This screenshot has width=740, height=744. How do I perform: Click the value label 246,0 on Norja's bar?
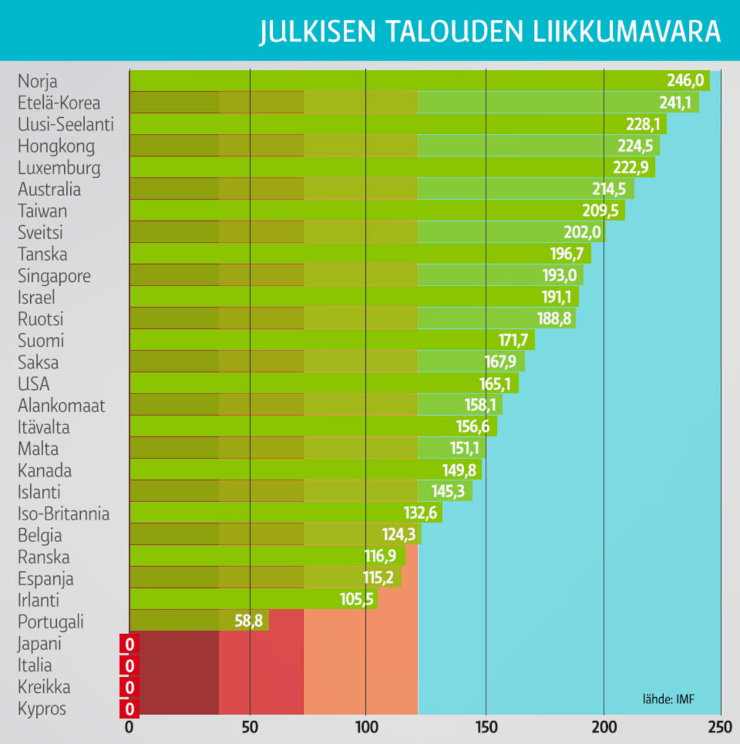[x=684, y=81]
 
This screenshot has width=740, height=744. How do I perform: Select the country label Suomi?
[x=41, y=341]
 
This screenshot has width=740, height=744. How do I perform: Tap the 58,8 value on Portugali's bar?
[x=248, y=621]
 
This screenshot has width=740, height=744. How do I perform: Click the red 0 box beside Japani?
[x=130, y=645]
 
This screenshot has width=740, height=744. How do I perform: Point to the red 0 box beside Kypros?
[x=130, y=709]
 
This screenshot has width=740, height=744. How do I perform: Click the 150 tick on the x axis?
[x=486, y=727]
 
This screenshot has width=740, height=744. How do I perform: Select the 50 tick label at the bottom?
[x=250, y=727]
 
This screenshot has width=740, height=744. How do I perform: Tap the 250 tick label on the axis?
[x=720, y=727]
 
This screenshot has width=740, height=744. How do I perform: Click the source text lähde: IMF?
[x=668, y=699]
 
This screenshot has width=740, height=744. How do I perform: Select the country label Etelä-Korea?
[x=59, y=103]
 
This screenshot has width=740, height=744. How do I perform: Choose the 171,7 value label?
[x=513, y=340]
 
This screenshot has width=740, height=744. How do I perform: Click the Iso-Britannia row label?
[x=64, y=514]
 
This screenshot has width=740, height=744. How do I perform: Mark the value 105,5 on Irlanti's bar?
[x=356, y=599]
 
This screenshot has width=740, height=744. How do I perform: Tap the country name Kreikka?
[x=44, y=687]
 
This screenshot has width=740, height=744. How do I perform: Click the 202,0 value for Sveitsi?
[x=581, y=232]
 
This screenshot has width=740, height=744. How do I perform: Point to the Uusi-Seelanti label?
[x=65, y=125]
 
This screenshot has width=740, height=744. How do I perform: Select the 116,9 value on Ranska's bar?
[x=380, y=556]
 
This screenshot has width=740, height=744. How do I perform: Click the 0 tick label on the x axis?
[x=129, y=727]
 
